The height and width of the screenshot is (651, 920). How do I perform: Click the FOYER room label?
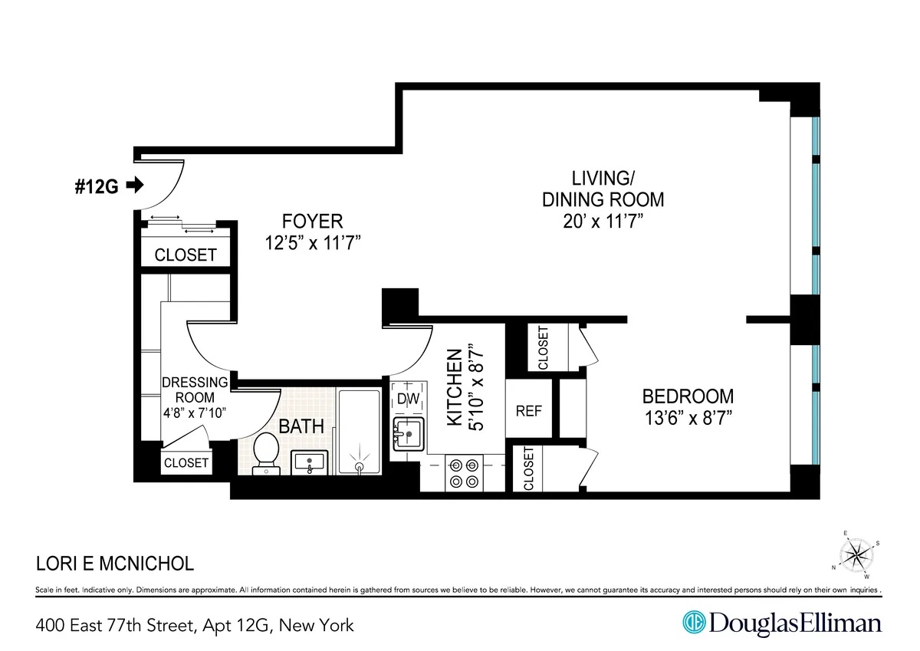(311, 222)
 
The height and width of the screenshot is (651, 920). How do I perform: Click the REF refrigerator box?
(528, 411)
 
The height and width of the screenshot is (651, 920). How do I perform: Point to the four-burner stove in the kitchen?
(464, 472)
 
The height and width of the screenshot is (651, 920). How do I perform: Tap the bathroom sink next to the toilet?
(311, 463)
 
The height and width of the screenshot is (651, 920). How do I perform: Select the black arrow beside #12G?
(134, 185)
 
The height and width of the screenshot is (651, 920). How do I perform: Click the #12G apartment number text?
(97, 186)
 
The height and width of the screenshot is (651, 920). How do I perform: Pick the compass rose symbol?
(859, 554)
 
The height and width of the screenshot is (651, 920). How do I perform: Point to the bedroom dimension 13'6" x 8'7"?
(687, 419)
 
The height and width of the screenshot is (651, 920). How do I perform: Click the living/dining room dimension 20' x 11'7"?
(603, 222)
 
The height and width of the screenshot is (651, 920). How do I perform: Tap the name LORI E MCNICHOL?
(115, 565)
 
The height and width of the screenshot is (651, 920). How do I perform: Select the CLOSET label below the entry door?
(186, 255)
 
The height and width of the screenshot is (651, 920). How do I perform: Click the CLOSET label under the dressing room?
(186, 463)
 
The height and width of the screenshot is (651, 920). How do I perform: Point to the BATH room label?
(301, 426)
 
